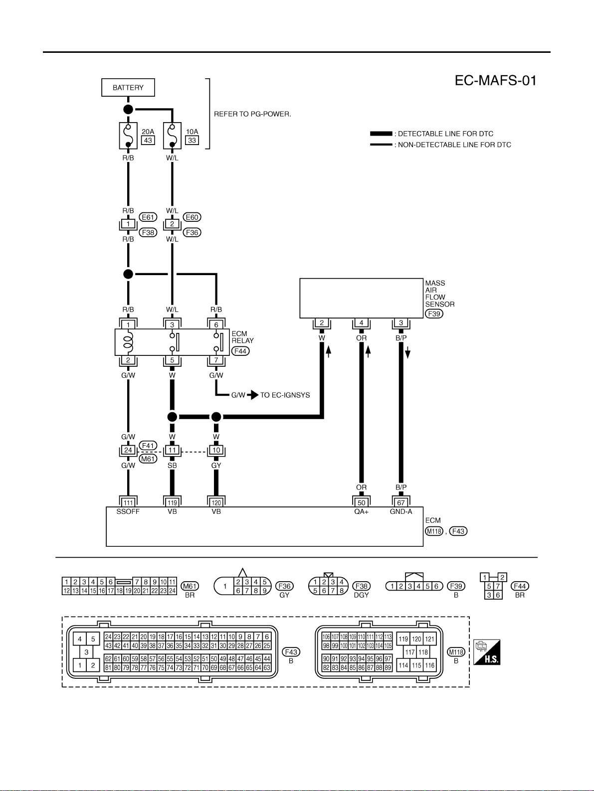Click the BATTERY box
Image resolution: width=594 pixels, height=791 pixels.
coord(128,88)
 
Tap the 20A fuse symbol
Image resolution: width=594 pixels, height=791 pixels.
coord(128,136)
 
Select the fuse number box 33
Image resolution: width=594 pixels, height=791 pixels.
coord(192,140)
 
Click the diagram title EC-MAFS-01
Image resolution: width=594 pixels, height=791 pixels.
coord(496,80)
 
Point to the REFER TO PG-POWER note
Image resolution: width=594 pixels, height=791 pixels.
coord(252,114)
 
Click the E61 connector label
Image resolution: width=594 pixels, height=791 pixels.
coord(148,217)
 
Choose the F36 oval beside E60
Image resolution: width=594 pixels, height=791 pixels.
coord(192,232)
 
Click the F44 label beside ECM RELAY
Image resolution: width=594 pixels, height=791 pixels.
coord(240,351)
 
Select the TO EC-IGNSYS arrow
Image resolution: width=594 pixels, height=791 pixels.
coord(253,395)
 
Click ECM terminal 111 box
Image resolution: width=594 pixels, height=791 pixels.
coord(128,502)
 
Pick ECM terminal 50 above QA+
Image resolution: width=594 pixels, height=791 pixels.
coord(361,502)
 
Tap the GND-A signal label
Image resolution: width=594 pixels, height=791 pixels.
coord(401,511)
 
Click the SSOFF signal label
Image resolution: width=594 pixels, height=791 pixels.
coord(128,511)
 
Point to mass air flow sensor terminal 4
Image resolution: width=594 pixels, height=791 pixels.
coord(361,322)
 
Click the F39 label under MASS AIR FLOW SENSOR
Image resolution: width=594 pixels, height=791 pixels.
coord(434,314)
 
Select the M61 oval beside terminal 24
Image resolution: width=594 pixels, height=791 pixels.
coord(148,459)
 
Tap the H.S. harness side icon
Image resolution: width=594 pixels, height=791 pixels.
coord(487,652)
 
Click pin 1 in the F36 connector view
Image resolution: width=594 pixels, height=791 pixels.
coord(225,586)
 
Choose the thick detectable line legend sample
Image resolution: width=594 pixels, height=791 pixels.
coord(381,134)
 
